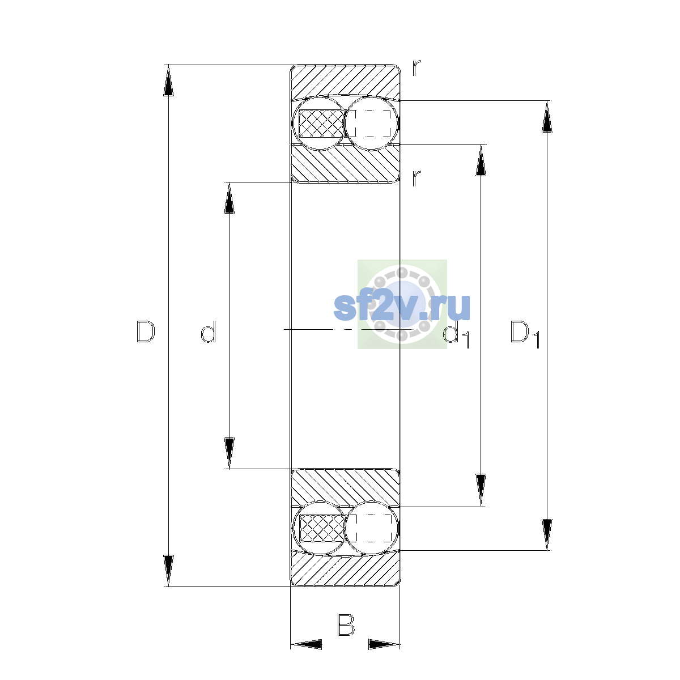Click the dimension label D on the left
tap(146, 331)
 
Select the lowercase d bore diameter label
tap(208, 331)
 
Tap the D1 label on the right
tap(525, 333)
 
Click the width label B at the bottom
tap(346, 625)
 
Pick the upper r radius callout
tap(416, 68)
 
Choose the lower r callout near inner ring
tap(416, 178)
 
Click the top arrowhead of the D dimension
tap(168, 80)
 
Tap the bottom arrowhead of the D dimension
tap(168, 571)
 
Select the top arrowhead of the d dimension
tap(229, 198)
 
